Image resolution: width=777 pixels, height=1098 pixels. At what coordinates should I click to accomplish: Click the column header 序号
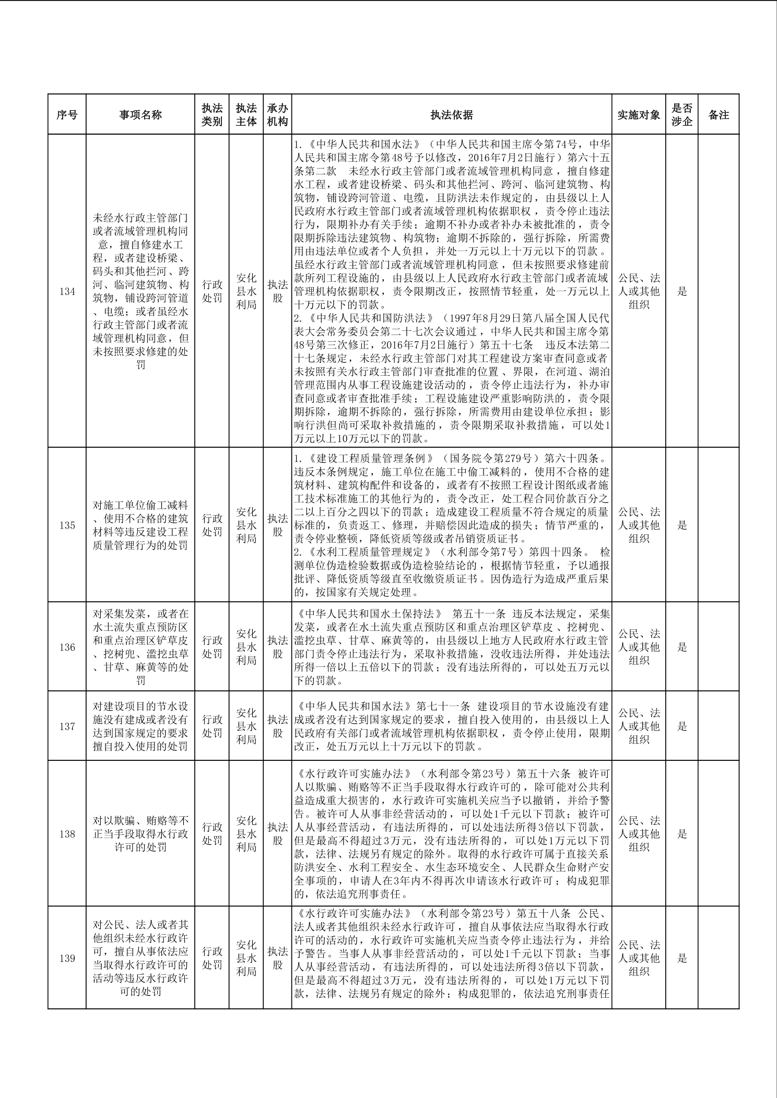(x=67, y=115)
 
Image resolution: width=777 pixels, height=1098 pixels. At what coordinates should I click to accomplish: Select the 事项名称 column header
(x=140, y=115)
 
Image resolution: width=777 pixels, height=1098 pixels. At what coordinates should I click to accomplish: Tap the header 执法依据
(x=452, y=115)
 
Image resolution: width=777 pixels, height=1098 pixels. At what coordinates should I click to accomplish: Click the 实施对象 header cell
(x=639, y=115)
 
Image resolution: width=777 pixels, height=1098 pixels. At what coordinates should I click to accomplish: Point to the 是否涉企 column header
(x=682, y=115)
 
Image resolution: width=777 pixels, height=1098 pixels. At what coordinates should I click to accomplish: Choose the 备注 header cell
(x=719, y=115)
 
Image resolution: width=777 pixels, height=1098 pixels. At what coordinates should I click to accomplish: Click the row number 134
(x=67, y=291)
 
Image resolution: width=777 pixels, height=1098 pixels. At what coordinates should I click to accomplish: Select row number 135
(x=67, y=525)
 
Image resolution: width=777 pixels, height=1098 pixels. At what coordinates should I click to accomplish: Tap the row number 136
(x=67, y=647)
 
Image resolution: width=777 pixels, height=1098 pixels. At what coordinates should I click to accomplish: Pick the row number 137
(x=67, y=726)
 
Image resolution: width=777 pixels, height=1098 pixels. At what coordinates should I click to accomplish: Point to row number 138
(x=67, y=834)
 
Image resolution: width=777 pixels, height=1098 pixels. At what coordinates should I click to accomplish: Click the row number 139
(x=67, y=958)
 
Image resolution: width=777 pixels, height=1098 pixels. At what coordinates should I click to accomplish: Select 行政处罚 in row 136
(x=212, y=647)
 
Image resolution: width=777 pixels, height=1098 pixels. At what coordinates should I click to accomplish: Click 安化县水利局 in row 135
(x=246, y=525)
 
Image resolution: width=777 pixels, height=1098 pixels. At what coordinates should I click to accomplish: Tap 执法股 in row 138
(x=277, y=834)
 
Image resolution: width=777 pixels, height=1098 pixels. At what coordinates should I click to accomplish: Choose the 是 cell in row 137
(x=682, y=726)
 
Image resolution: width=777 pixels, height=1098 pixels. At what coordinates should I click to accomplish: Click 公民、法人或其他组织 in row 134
(x=639, y=291)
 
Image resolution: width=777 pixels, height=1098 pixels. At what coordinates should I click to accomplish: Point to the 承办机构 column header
(x=277, y=115)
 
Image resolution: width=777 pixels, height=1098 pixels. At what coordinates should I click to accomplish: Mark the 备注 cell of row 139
(x=719, y=958)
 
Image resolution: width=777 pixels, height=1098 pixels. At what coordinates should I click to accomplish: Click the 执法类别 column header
(x=212, y=115)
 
